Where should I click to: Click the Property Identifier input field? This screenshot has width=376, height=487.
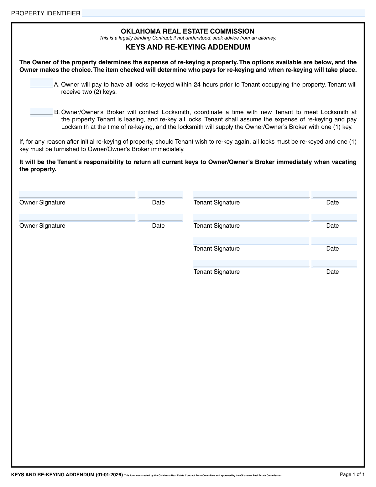(223, 13)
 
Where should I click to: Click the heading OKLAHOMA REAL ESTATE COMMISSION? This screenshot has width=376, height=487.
(187, 31)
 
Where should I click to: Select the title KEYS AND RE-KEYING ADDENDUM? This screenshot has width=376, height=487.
(188, 47)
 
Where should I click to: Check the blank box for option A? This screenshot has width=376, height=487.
(41, 83)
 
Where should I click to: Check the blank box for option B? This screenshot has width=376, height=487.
(41, 112)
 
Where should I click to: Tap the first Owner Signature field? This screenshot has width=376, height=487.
(77, 195)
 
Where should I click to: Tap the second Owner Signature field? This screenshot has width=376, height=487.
(77, 218)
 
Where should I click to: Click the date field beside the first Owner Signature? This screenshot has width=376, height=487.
(160, 195)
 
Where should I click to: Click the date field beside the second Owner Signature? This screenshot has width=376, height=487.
(160, 218)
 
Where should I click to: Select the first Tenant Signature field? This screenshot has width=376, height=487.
(251, 195)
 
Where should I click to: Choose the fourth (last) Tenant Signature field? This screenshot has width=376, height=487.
(251, 264)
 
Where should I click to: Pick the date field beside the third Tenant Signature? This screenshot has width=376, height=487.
(334, 241)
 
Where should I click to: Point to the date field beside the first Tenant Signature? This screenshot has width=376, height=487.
(334, 195)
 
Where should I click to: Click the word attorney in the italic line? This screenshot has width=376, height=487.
(267, 38)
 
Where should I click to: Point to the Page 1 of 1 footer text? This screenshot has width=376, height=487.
(352, 474)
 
